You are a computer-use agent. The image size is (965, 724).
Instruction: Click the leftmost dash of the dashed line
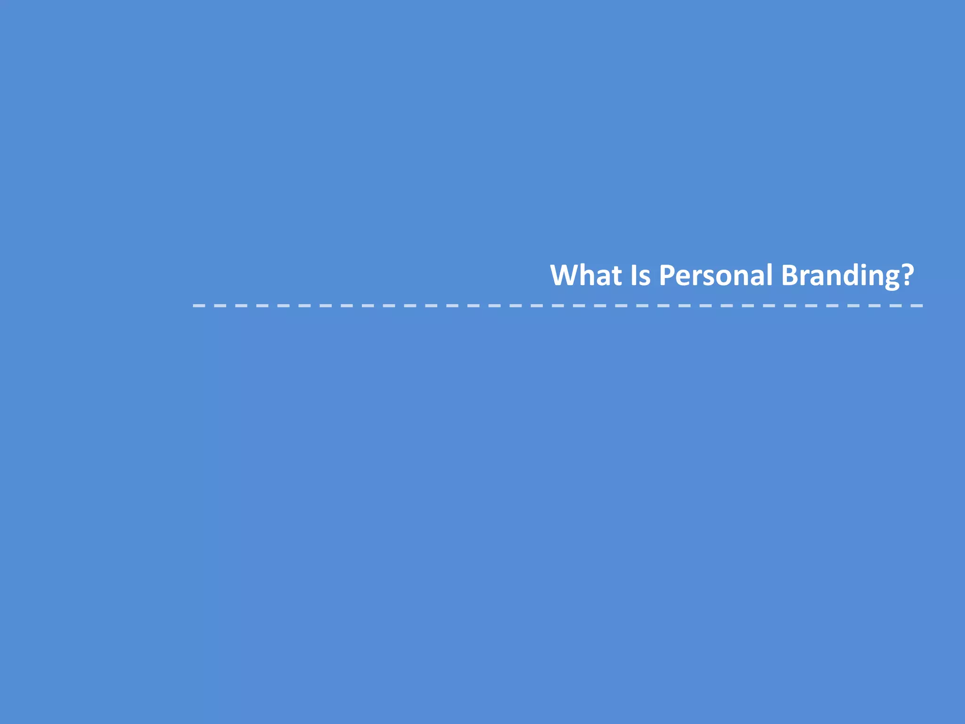pyautogui.click(x=198, y=306)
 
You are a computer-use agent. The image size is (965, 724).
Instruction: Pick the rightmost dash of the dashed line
pyautogui.click(x=916, y=306)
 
